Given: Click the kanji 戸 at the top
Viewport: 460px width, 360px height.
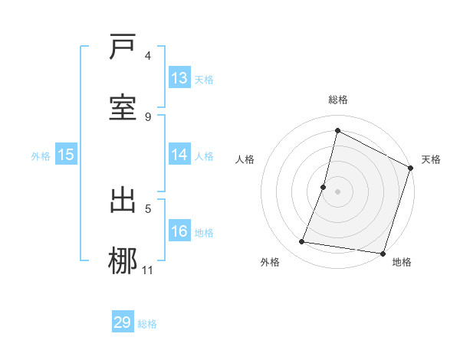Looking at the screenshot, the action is coord(123,48).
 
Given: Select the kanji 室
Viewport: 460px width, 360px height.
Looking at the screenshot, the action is coord(123,106).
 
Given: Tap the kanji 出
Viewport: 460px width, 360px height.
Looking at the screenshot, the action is coord(123,200).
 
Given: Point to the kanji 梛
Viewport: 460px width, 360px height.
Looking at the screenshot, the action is coord(123,258).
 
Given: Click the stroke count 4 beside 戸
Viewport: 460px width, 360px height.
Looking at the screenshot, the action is coord(148,55).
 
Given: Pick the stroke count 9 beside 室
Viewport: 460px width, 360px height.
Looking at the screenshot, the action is coord(148,116).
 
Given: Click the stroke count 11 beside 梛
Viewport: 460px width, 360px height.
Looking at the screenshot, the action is coord(148,270).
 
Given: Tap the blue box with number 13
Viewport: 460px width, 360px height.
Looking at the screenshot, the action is coord(179,78).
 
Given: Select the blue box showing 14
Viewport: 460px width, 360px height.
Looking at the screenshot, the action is coord(179,155).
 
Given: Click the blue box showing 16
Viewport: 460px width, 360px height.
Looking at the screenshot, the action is coord(179,231).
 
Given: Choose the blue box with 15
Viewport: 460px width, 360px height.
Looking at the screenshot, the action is coord(66,155).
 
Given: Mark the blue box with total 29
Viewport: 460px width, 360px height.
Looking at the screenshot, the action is coord(123,322).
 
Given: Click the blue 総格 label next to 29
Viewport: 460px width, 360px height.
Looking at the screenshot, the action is coord(147,324).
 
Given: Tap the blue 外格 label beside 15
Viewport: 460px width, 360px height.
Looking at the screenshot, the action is coord(41,156).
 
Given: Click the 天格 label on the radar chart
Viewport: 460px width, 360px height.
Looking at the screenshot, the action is coord(431,159).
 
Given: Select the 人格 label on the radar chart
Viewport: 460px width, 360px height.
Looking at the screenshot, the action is coord(245,159).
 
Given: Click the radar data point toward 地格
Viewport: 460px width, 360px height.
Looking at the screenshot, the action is coord(383,253).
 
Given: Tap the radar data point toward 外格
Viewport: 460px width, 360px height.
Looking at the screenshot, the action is coord(302,242).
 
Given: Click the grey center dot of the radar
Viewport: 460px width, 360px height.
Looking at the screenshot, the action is coord(337,191).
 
